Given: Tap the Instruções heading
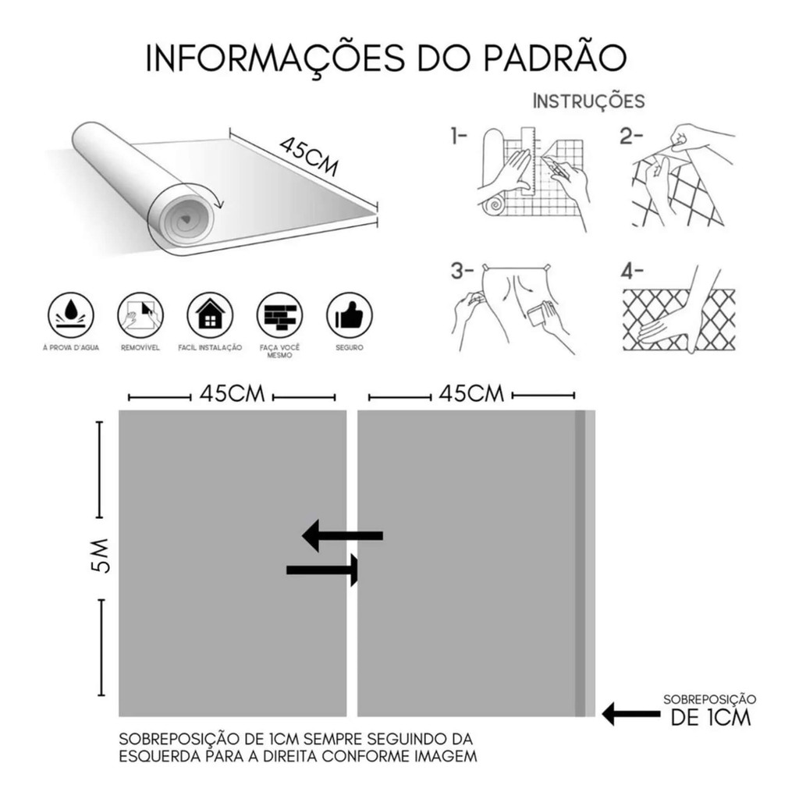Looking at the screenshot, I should pyautogui.click(x=588, y=101).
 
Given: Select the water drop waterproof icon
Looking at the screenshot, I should pyautogui.click(x=72, y=316).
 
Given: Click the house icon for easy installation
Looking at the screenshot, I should pyautogui.click(x=210, y=316).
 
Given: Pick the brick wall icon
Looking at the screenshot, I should pyautogui.click(x=280, y=316).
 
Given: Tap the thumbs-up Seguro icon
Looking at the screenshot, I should pyautogui.click(x=349, y=316).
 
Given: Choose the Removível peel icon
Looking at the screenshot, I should pyautogui.click(x=140, y=316).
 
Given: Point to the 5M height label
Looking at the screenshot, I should pyautogui.click(x=101, y=557).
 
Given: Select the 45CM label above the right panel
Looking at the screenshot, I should pyautogui.click(x=471, y=394).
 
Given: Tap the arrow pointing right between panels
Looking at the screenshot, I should pyautogui.click(x=323, y=570).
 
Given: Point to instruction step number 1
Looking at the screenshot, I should pyautogui.click(x=458, y=138).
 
